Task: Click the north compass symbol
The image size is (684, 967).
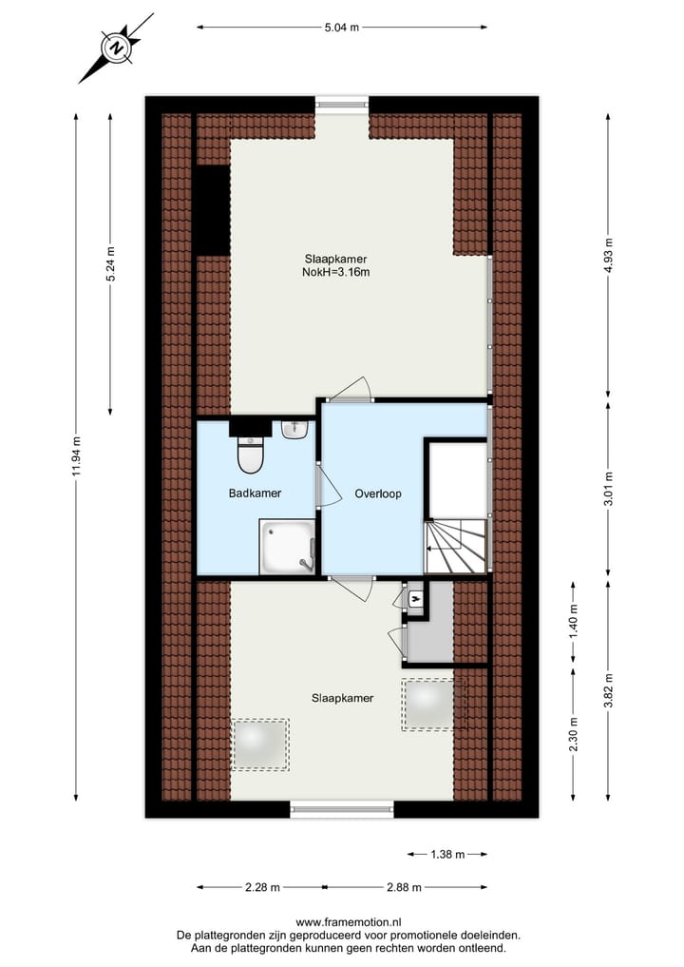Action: point(115,48)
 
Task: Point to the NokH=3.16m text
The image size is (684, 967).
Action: point(335,272)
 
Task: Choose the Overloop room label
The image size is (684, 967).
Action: point(378,493)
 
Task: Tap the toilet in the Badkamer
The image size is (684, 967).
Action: point(250,454)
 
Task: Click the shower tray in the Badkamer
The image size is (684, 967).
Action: point(286,547)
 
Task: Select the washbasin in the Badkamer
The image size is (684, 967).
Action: point(294,430)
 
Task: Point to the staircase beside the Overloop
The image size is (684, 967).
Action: point(455,547)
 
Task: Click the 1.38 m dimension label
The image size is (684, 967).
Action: point(446,854)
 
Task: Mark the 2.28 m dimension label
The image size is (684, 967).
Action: point(261,887)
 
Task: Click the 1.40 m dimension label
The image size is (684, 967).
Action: point(573,623)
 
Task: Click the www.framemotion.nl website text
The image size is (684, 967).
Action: point(349,921)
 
